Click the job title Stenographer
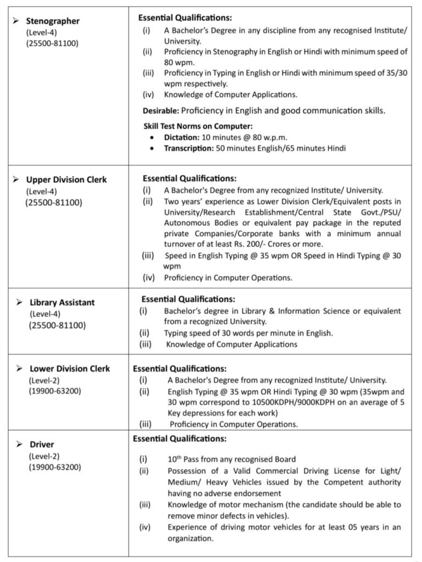pyautogui.click(x=53, y=21)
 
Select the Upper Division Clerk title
pyautogui.click(x=66, y=179)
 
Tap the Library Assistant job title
pyautogui.click(x=62, y=302)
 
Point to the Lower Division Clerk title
pyautogui.click(x=70, y=368)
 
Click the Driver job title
pyautogui.click(x=42, y=444)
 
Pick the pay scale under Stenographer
pyautogui.click(x=52, y=43)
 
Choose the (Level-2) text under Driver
pyautogui.click(x=44, y=456)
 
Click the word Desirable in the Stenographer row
pyautogui.click(x=160, y=110)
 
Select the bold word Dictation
pyautogui.click(x=181, y=137)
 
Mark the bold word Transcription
pyautogui.click(x=189, y=148)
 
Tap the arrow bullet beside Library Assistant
pyautogui.click(x=19, y=302)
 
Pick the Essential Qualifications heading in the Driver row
pyautogui.click(x=179, y=439)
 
